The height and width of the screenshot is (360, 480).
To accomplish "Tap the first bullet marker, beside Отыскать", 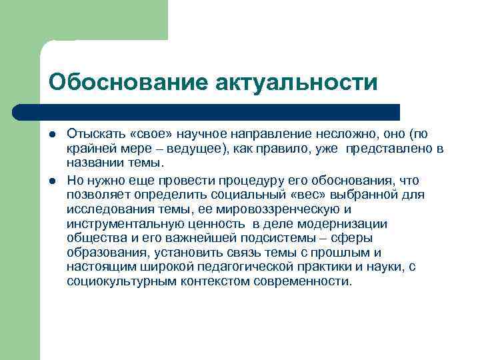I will [x=52, y=133].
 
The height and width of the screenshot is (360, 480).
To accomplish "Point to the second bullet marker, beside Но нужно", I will [x=52, y=181].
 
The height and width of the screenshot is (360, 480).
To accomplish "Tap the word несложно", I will [x=351, y=132].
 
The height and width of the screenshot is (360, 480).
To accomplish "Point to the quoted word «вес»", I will [x=319, y=195].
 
